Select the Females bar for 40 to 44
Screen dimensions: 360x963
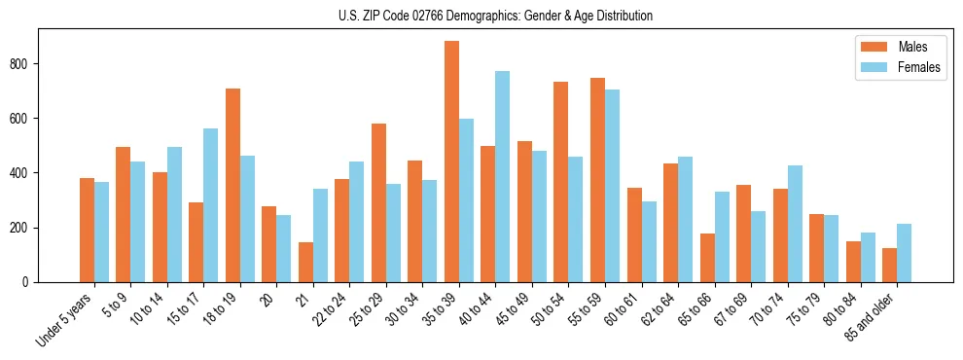(x=502, y=176)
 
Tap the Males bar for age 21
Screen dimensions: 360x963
(x=305, y=262)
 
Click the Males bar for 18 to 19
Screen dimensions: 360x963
(x=232, y=185)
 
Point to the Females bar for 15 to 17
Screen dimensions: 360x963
(x=210, y=205)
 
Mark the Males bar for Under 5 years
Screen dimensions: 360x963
(x=87, y=230)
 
